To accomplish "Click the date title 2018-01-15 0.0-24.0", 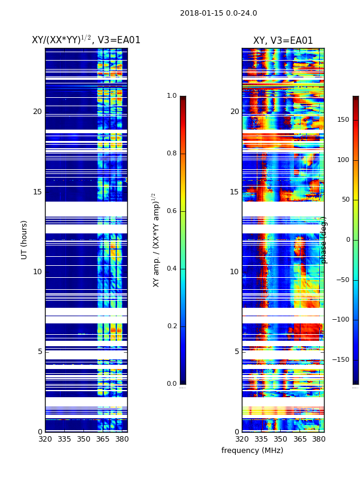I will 218,13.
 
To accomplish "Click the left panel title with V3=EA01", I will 86,40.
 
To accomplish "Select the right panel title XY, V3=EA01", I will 283,41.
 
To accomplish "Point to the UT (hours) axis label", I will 25,239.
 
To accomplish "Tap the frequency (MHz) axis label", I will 252,451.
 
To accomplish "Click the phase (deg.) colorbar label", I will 324,240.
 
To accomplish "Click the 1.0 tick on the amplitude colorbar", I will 172,96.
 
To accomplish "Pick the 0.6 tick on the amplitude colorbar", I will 172,211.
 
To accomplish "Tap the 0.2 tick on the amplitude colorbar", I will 172,326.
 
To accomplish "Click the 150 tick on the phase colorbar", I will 343,120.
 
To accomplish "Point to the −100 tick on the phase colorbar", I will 341,320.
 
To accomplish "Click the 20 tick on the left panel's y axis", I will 37,112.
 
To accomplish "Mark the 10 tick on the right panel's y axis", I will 234,272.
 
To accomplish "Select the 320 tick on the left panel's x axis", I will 45,439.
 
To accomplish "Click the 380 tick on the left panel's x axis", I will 122,439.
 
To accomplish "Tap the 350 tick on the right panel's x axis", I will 280,439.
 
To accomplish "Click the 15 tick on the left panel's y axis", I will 37,192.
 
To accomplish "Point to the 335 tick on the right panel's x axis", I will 261,439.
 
